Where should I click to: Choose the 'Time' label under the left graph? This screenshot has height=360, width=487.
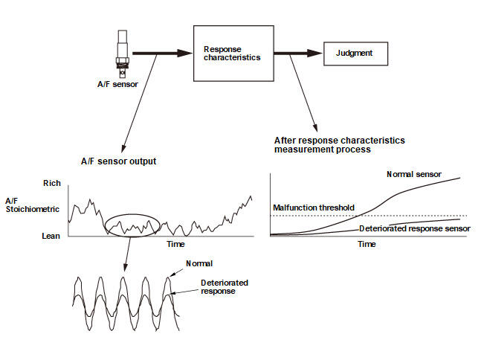175,244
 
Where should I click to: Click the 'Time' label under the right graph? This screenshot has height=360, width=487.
367,244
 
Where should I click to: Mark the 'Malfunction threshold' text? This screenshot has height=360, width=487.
313,208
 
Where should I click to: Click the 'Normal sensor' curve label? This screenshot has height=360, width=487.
413,174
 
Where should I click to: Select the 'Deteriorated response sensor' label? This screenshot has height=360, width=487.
415,228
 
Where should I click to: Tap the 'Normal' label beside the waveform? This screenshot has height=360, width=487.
200,264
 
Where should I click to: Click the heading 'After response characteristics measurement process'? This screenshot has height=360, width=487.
338,144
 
